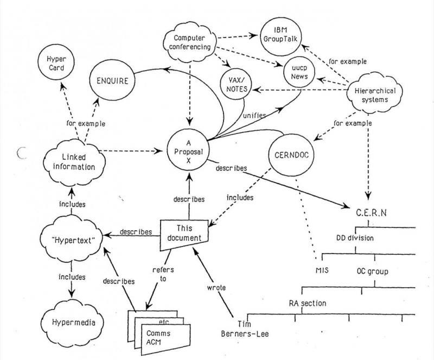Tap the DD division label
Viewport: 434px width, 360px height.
355,238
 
